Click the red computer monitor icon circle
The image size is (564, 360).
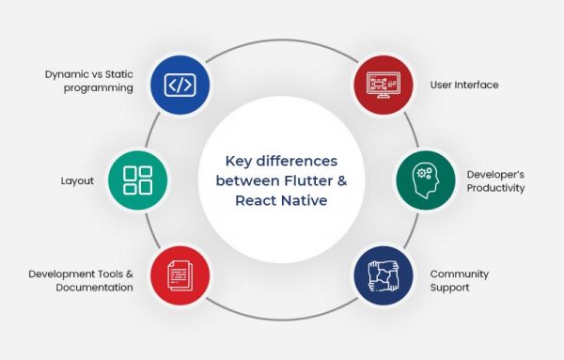tap(385, 85)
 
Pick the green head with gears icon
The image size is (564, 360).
tap(425, 180)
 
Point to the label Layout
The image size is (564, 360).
tap(76, 180)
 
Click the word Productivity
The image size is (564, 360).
tap(495, 188)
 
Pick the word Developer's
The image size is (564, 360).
tap(496, 174)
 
